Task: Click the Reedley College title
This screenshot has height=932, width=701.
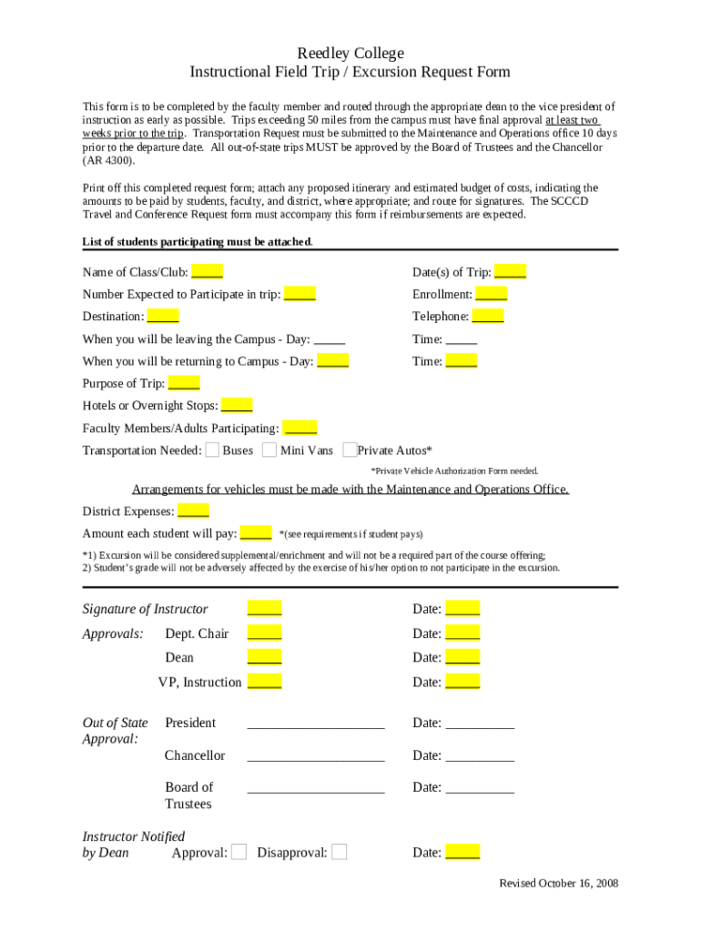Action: (x=350, y=54)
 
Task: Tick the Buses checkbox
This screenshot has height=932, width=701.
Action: (x=212, y=450)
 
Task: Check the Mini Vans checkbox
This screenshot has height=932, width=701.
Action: (x=269, y=450)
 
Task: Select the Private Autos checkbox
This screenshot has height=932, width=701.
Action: (x=350, y=450)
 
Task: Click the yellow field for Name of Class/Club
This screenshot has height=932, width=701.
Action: (x=208, y=272)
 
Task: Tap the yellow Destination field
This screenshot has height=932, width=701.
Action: (x=163, y=317)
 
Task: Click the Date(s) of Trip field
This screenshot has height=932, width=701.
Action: (x=510, y=272)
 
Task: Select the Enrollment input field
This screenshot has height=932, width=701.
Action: (x=492, y=294)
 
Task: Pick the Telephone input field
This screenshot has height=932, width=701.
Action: (x=488, y=317)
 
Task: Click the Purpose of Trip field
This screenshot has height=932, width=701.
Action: (x=184, y=383)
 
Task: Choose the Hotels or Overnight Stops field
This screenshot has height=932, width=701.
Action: (x=237, y=406)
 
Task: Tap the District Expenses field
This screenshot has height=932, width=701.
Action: (x=193, y=512)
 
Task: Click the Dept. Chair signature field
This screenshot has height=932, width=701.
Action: (x=264, y=633)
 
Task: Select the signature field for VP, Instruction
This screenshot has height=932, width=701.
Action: (x=264, y=682)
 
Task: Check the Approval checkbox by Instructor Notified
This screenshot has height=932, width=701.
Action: (x=239, y=852)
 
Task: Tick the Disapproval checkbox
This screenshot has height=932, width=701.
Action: (x=339, y=852)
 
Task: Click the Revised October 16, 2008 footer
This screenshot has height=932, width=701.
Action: (x=559, y=884)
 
